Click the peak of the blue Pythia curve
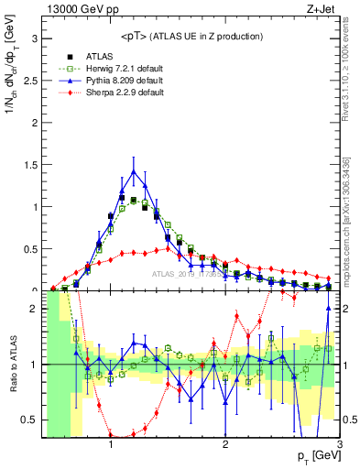point(134,171)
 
